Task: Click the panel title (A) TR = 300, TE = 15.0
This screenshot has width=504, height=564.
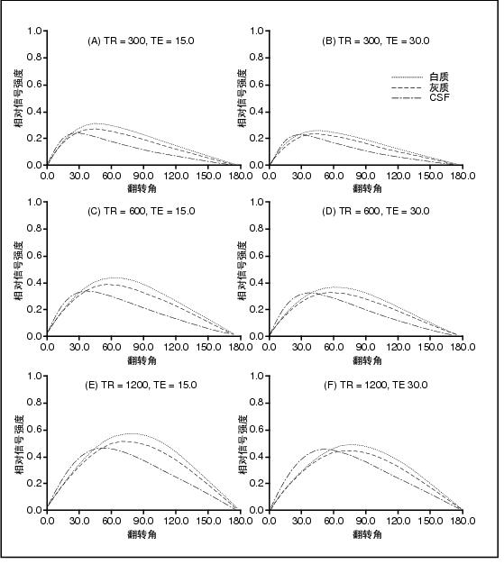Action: [142, 41]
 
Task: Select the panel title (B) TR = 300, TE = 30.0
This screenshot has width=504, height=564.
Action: [375, 41]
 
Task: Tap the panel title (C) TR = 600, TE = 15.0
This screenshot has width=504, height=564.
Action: [142, 211]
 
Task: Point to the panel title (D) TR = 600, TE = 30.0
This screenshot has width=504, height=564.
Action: [375, 211]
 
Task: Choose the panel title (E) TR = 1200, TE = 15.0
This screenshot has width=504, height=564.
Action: [141, 386]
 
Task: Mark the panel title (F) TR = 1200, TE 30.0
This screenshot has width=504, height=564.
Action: [375, 386]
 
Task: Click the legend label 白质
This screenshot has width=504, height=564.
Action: [439, 77]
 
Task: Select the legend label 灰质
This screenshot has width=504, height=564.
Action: [439, 87]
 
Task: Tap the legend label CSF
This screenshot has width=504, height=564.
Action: [440, 97]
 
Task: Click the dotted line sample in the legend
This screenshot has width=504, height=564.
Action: [407, 77]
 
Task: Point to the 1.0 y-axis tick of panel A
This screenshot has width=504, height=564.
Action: [34, 31]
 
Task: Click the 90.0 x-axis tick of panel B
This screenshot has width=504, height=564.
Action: [366, 176]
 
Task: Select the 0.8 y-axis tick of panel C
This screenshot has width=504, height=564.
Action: [34, 229]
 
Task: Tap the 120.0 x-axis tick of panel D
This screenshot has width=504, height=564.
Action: [398, 347]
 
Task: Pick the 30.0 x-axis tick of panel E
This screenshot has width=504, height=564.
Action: [79, 521]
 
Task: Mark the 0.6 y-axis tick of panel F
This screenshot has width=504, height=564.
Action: [257, 430]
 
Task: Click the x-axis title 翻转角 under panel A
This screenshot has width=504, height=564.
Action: [142, 188]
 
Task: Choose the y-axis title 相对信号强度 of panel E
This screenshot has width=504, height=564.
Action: [20, 444]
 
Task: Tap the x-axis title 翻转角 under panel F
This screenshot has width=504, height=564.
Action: [367, 534]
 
